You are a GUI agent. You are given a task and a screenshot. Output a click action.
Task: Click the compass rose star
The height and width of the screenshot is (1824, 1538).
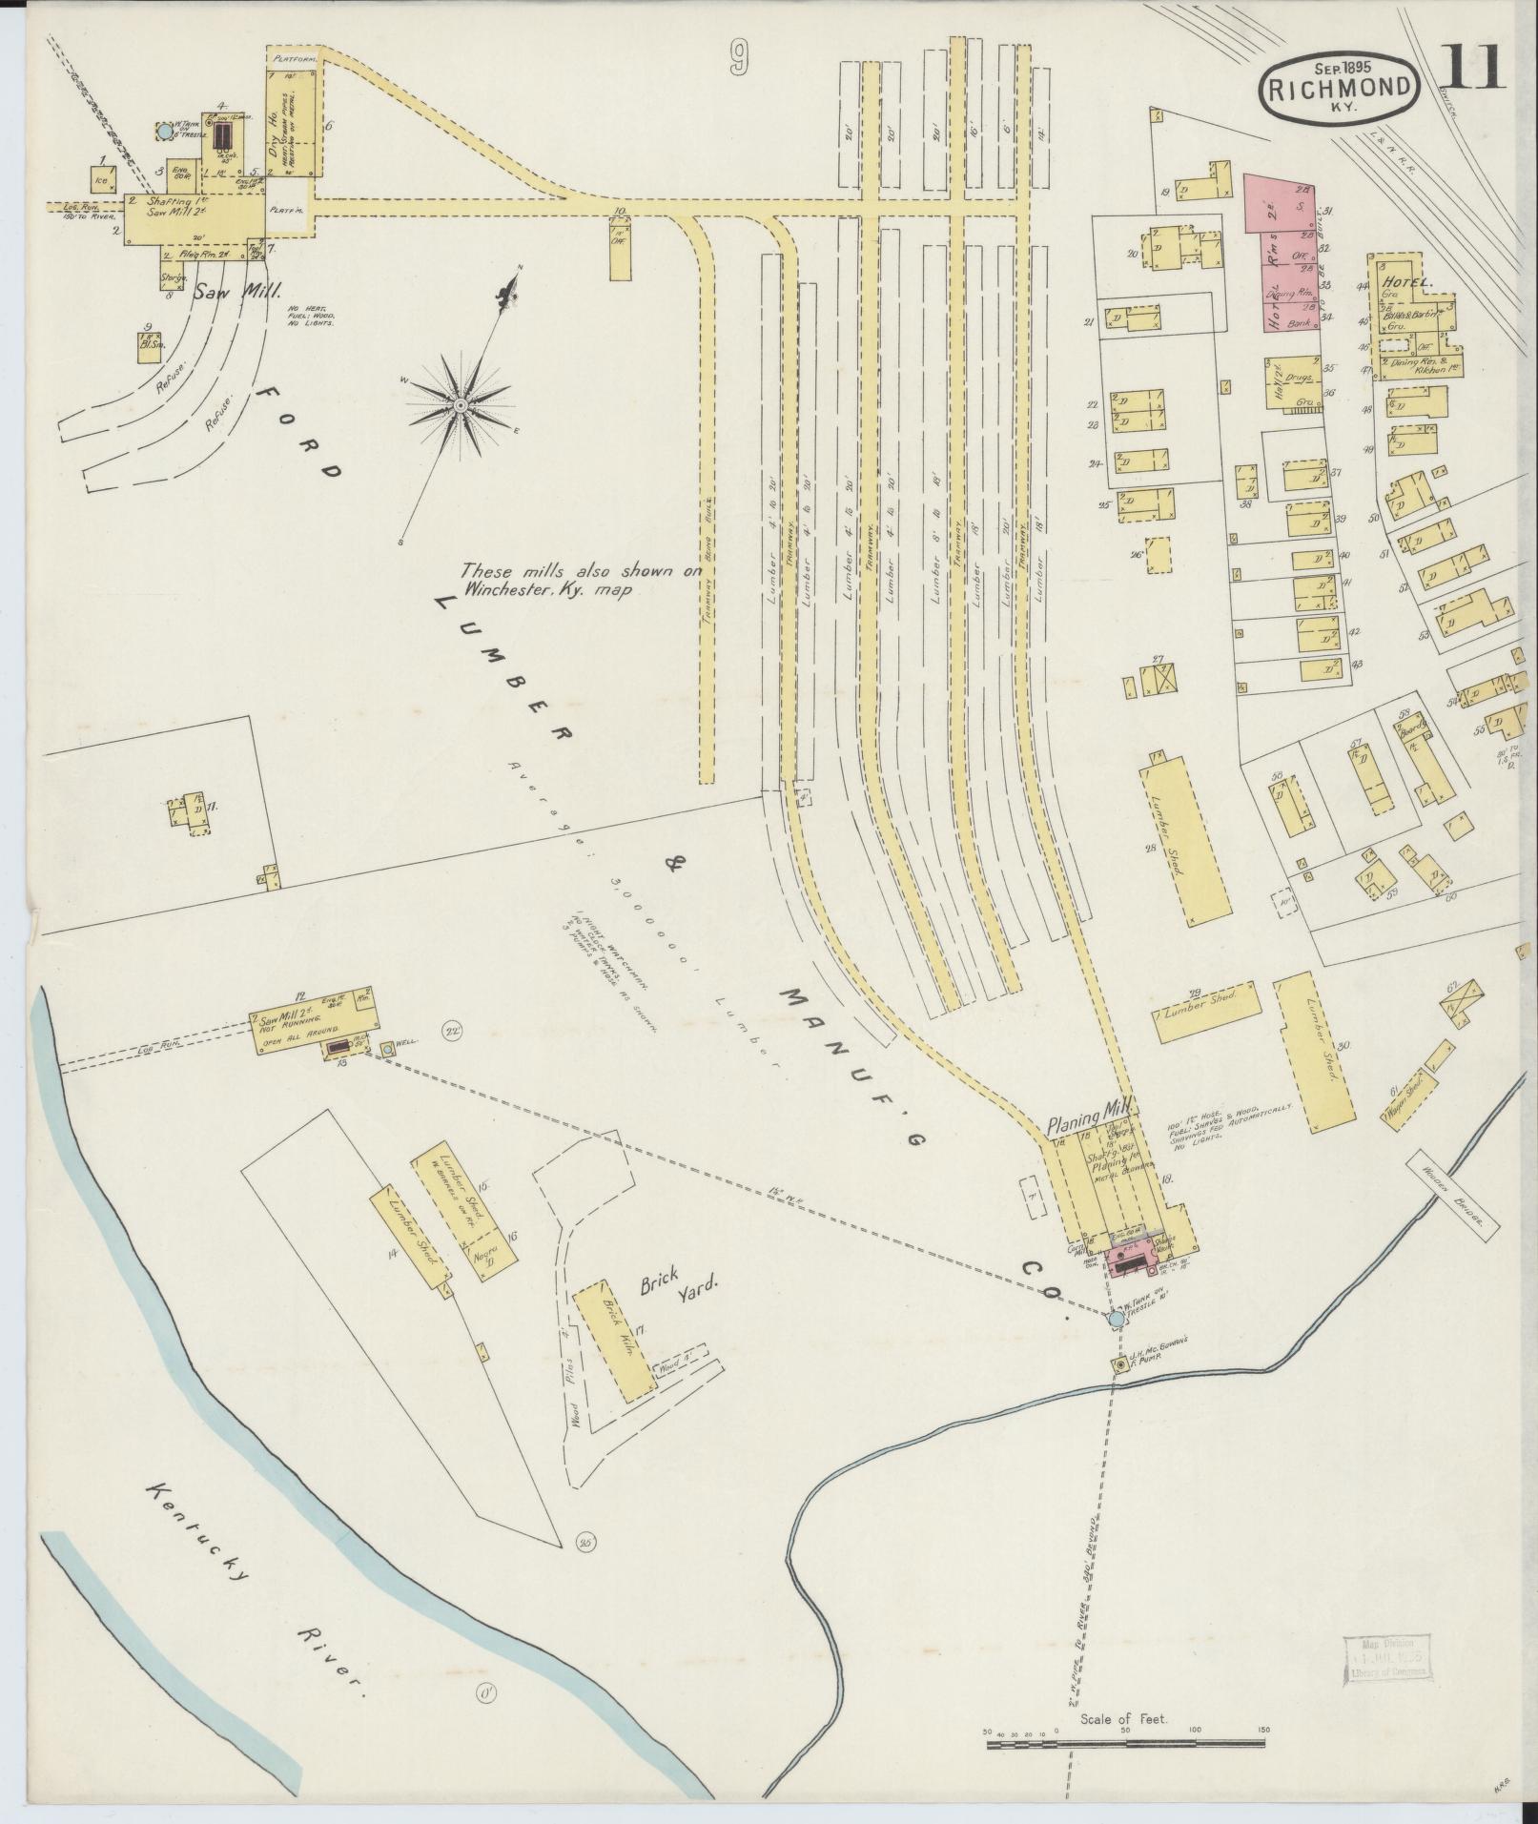[x=460, y=407]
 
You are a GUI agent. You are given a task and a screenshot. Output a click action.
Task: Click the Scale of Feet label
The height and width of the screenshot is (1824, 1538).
[x=1125, y=1720]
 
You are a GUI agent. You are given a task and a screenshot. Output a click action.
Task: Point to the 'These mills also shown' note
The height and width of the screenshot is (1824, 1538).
[x=549, y=580]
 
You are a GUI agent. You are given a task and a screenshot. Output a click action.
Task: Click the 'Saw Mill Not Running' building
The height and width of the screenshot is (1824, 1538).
[x=315, y=1018]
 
